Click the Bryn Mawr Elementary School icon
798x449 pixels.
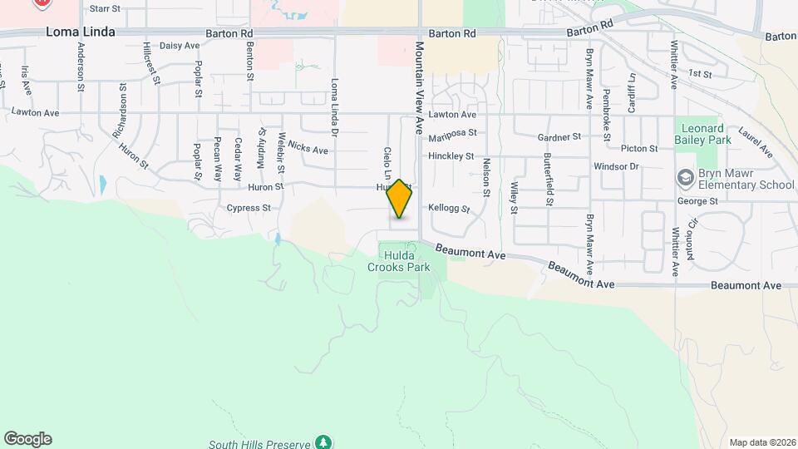[686, 179]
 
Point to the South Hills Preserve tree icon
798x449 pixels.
[323, 441]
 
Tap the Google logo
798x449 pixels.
[27, 439]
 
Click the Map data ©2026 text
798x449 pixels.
[761, 442]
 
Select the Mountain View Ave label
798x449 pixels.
[420, 83]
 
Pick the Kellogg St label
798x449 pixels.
[450, 209]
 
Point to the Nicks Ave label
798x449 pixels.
[308, 150]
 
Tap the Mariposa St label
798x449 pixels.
[453, 132]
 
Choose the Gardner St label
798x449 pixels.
[558, 136]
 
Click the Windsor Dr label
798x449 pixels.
[615, 166]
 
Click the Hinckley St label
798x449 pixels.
[451, 155]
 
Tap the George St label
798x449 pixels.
[697, 201]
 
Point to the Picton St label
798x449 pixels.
[639, 149]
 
